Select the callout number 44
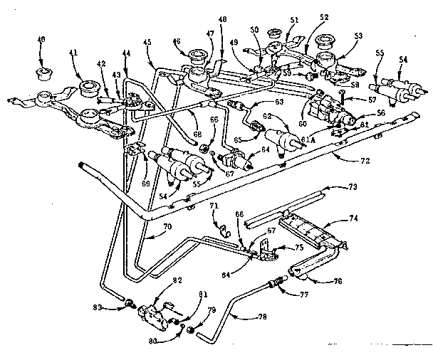coord(126,53)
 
